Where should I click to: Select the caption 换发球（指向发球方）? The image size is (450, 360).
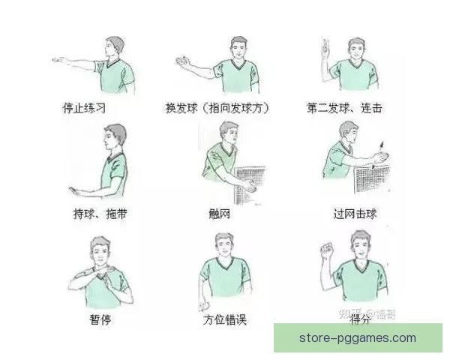click(x=217, y=108)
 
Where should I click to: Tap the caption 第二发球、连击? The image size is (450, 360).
click(x=344, y=108)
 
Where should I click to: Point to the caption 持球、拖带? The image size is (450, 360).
click(x=100, y=214)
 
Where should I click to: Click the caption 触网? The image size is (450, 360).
click(x=220, y=214)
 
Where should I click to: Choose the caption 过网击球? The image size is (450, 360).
click(x=355, y=214)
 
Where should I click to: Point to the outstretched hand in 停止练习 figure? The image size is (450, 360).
click(x=59, y=58)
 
